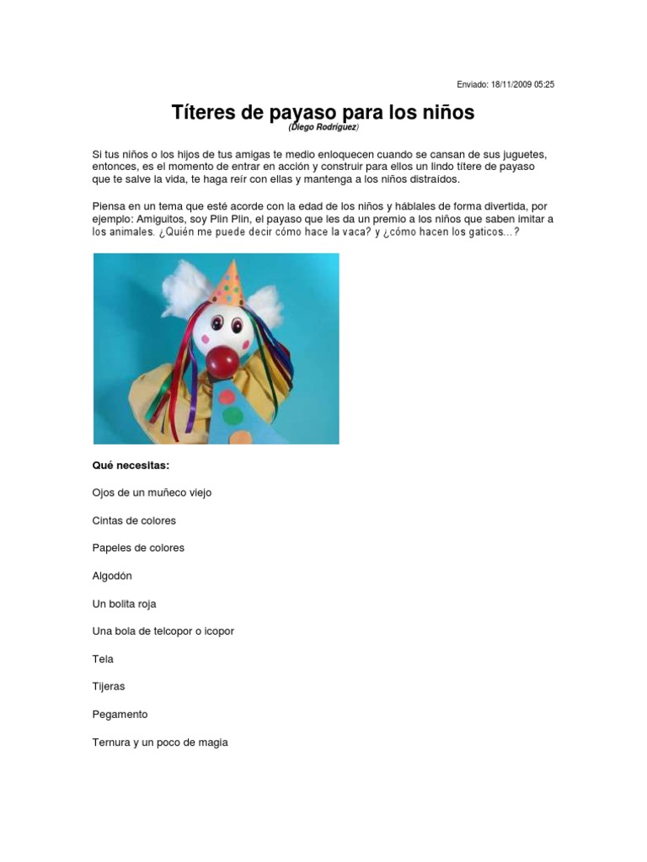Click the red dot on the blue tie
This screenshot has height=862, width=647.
[x=227, y=395]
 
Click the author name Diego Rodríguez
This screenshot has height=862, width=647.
[x=323, y=127]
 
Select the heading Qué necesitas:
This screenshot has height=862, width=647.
[x=131, y=465]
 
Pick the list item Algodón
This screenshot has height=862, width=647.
[x=112, y=576]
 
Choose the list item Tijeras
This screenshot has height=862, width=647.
[x=108, y=687]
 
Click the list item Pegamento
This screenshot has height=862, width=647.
[x=120, y=715]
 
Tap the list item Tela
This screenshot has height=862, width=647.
[x=103, y=659]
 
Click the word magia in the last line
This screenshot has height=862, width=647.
[x=212, y=742]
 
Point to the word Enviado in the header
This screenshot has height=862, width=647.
[x=473, y=84]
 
